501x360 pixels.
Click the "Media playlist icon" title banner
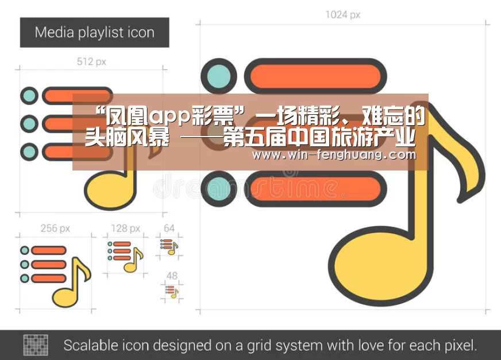click(95, 33)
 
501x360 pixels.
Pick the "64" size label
click(169, 228)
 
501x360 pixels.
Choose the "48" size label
click(172, 276)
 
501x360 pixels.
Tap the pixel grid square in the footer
click(36, 345)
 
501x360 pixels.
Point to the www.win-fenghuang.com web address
click(334, 155)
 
